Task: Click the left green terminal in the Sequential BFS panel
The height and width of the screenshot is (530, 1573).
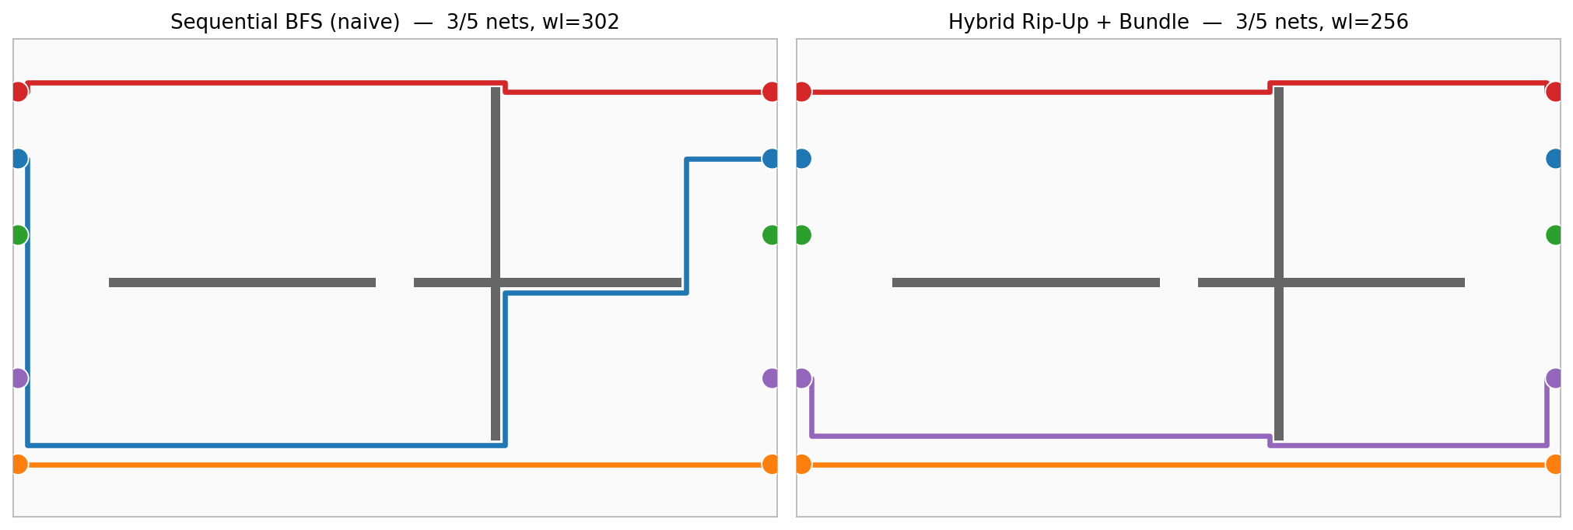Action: (19, 234)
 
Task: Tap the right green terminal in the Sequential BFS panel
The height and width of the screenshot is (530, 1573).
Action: (771, 234)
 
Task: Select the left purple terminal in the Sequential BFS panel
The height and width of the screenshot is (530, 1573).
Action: (19, 378)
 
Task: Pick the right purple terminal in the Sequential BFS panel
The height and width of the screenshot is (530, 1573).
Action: (771, 378)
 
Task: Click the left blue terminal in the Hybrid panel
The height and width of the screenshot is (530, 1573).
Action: (802, 159)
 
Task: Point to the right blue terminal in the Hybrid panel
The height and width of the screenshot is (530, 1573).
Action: (1554, 159)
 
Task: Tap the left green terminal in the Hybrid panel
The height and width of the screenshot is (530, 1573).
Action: (802, 234)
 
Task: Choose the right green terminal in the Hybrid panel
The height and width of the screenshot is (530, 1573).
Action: (1554, 234)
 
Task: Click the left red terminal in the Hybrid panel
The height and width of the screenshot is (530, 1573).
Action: (802, 92)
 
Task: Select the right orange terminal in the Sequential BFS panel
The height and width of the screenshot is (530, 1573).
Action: (771, 464)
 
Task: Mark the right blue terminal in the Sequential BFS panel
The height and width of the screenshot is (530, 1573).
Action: (771, 159)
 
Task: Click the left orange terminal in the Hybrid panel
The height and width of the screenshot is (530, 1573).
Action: (802, 464)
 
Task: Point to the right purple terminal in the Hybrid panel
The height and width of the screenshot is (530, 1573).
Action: (1554, 378)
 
